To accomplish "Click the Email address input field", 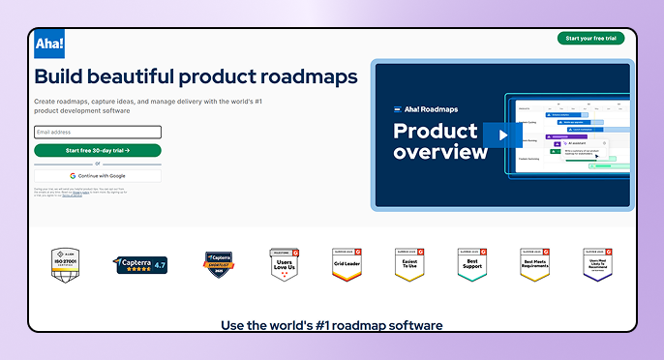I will click(97, 132).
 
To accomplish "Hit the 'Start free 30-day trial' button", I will click(97, 150).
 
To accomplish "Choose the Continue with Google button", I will click(97, 175).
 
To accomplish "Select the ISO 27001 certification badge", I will click(66, 263).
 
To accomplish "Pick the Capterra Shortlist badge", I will click(218, 263).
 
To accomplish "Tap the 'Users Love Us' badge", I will click(284, 263).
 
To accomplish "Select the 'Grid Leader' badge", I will click(347, 263).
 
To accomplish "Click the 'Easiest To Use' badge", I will click(408, 263).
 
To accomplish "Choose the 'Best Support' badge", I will click(471, 263).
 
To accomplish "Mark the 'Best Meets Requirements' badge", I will click(534, 263).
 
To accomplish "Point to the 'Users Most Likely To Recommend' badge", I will click(597, 263).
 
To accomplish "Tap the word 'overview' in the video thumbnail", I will click(439, 152).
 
